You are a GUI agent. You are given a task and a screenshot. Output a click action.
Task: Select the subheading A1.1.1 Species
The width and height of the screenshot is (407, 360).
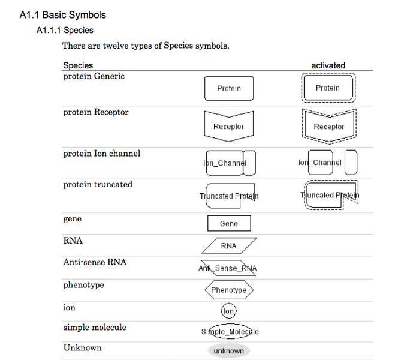tap(65, 30)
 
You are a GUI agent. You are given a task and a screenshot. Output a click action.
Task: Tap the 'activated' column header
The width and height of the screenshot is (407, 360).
tap(328, 65)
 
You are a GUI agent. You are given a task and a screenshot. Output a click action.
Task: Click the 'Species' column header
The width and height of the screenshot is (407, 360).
tap(78, 65)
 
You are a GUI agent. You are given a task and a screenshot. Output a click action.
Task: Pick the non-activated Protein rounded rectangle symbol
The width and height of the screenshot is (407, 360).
tap(229, 88)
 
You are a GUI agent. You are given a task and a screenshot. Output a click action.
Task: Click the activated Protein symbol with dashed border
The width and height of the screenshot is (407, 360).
tap(328, 88)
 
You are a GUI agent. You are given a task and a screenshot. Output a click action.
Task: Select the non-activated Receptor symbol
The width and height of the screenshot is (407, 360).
tap(229, 126)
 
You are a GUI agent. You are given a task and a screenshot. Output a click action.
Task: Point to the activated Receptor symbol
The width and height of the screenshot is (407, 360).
tap(328, 126)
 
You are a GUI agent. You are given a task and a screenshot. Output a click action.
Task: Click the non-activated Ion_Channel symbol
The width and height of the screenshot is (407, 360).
tap(230, 163)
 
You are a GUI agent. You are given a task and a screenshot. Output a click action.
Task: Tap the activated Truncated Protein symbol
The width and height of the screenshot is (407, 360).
tap(330, 195)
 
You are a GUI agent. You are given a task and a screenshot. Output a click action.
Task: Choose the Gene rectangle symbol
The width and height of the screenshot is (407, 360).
tap(229, 223)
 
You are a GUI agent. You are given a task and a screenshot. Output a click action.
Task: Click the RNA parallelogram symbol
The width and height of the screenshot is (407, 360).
tap(229, 245)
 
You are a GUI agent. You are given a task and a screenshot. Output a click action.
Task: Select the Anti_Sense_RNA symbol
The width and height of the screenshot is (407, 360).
tap(228, 268)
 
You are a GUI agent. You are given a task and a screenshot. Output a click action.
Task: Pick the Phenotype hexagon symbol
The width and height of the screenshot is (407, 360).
tap(229, 290)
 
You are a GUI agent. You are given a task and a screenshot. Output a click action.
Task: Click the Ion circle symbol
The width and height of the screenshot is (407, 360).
tap(228, 311)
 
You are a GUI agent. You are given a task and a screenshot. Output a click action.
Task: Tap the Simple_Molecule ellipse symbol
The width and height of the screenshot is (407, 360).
tap(230, 332)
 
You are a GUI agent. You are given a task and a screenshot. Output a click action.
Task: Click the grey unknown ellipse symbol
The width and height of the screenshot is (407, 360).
tap(229, 351)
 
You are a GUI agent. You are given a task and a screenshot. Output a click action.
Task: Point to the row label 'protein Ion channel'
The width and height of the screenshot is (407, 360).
tap(101, 154)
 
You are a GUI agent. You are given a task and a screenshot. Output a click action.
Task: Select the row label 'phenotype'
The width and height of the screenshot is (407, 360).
tap(83, 285)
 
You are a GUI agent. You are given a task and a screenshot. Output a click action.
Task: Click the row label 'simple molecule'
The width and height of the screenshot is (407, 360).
tap(95, 328)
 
